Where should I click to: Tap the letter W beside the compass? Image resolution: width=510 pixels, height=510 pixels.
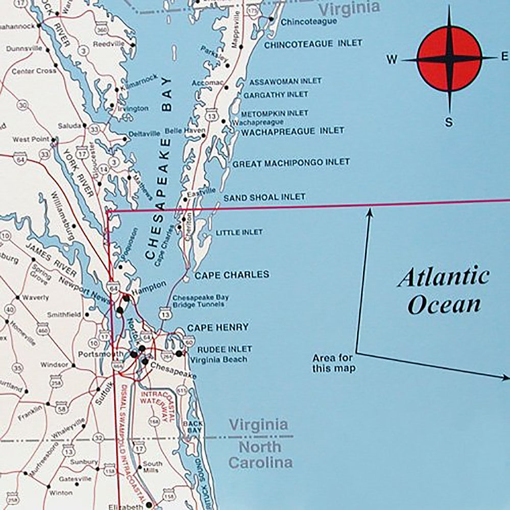(x=392, y=60)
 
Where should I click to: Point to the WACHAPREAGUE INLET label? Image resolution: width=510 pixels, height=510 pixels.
(x=293, y=131)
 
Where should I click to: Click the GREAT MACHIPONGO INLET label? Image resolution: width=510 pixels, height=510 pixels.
(x=291, y=163)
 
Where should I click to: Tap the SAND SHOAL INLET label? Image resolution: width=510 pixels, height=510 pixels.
(x=264, y=197)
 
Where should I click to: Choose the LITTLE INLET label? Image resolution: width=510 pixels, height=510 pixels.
(x=239, y=232)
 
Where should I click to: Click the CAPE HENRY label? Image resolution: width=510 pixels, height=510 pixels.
(x=217, y=327)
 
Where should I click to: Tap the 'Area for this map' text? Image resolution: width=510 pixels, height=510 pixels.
(x=334, y=363)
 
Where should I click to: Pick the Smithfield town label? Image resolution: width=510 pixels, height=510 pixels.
(x=64, y=315)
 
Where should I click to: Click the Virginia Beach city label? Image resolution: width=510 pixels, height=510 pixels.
(x=218, y=359)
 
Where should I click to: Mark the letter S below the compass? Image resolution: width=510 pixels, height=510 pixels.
(x=448, y=123)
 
